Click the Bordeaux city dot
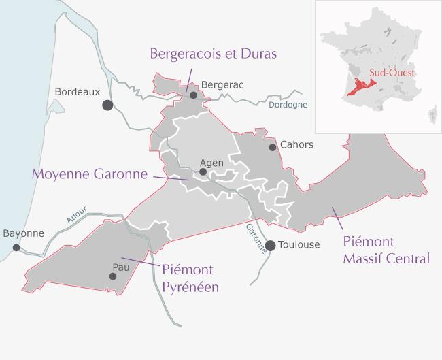coord(107,105)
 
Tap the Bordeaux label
coord(77,91)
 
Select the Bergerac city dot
coord(194,96)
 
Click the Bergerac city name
coord(222,85)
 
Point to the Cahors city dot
coord(273,146)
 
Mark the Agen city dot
coord(203,172)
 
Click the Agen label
coord(211,163)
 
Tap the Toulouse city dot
coord(270,246)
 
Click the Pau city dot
coord(113,276)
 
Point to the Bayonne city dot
coord(16,248)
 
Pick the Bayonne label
coord(23,233)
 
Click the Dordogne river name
coord(288,105)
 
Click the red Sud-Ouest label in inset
coord(392,71)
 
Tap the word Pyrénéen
coord(190,287)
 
